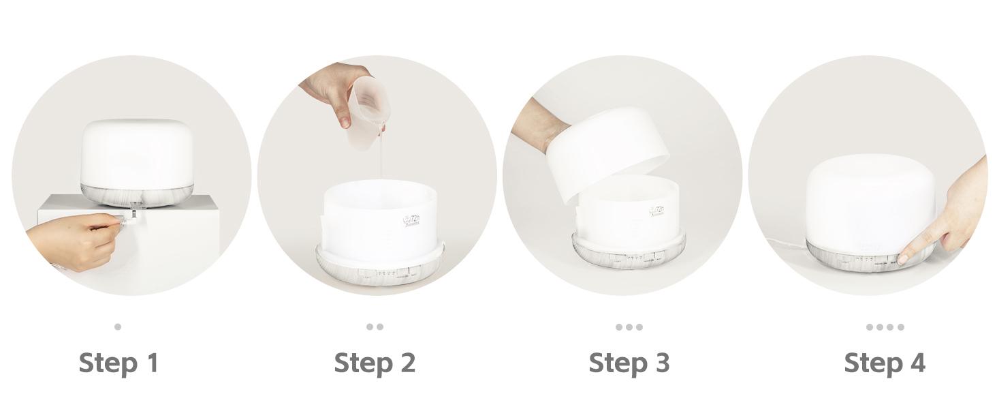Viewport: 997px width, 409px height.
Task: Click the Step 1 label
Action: click(x=118, y=363)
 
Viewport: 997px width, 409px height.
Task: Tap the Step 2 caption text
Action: click(x=374, y=363)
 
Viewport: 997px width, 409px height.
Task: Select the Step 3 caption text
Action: click(x=629, y=363)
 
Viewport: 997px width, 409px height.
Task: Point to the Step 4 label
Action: click(x=884, y=363)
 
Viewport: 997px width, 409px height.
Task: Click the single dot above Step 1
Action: click(x=118, y=327)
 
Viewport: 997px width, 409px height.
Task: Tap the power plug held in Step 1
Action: click(x=129, y=219)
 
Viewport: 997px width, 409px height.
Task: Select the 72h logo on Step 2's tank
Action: click(x=411, y=220)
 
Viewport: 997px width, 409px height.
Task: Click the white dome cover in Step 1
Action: click(x=137, y=151)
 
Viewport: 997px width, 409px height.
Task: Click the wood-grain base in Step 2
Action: click(x=341, y=269)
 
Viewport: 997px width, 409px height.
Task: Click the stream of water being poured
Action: click(x=381, y=160)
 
